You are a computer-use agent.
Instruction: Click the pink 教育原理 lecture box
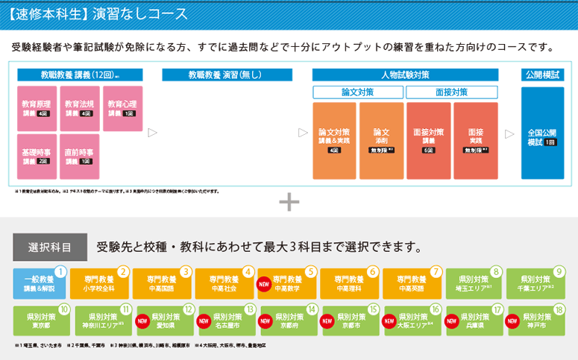pyautogui.click(x=36, y=109)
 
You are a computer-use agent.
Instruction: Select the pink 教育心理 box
pyautogui.click(x=122, y=109)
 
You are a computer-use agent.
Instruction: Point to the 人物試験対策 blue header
pyautogui.click(x=405, y=75)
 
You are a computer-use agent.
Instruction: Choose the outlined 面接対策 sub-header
pyautogui.click(x=452, y=92)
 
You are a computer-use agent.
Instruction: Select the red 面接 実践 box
pyautogui.click(x=475, y=140)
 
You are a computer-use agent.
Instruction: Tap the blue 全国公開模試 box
pyautogui.click(x=542, y=133)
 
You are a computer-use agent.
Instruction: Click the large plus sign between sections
pyautogui.click(x=289, y=202)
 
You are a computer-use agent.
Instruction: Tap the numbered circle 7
pyautogui.click(x=436, y=272)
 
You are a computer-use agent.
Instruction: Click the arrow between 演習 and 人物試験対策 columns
pyautogui.click(x=303, y=133)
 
